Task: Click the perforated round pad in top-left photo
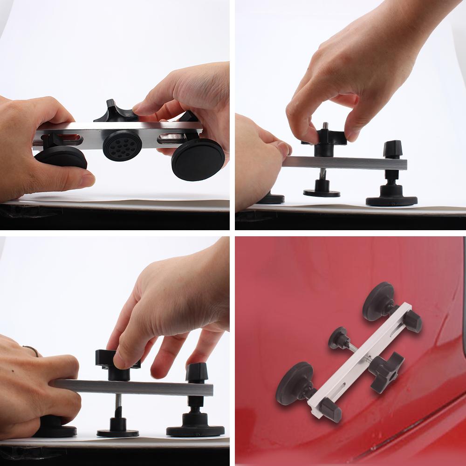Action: pyautogui.click(x=123, y=145)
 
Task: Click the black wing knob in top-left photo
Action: pyautogui.click(x=113, y=112)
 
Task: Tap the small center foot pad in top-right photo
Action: pyautogui.click(x=322, y=192)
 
